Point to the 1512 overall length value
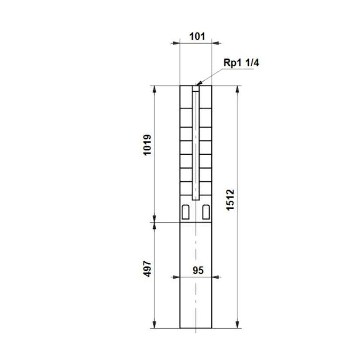[x=230, y=200]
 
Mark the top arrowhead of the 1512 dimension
[x=237, y=88]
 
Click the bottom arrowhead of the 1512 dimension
[x=237, y=325]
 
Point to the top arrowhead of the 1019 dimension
[x=154, y=88]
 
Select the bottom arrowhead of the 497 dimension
[x=154, y=325]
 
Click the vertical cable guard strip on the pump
[x=196, y=143]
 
